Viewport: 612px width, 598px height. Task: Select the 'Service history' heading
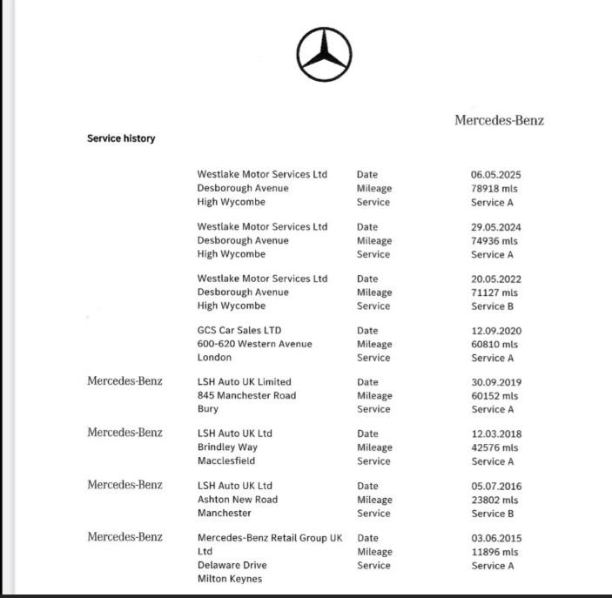[x=121, y=138]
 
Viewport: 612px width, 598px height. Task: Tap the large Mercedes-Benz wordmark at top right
[x=499, y=120]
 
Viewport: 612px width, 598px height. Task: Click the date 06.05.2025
[x=495, y=175]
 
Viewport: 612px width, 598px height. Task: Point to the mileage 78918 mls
[x=494, y=189]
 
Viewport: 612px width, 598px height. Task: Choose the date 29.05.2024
[x=495, y=227]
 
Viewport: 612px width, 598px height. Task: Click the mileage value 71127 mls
[x=494, y=292]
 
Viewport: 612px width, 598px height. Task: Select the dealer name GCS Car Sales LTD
[x=239, y=331]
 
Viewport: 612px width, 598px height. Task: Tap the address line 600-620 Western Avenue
[x=254, y=344]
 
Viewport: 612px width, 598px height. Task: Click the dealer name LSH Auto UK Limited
[x=244, y=382]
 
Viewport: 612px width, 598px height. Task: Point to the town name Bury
[x=208, y=409]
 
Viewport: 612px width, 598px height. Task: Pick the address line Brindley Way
[x=227, y=447]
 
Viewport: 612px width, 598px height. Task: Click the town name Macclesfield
[x=225, y=461]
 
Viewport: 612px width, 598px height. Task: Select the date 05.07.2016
[x=495, y=486]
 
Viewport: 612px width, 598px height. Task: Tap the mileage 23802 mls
[x=494, y=500]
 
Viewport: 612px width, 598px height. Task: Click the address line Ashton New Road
[x=237, y=500]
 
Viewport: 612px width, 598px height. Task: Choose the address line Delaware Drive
[x=232, y=565]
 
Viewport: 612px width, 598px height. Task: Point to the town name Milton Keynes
[x=229, y=579]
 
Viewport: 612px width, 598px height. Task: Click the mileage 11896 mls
[x=494, y=552]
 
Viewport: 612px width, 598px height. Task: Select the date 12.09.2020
[x=495, y=331]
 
